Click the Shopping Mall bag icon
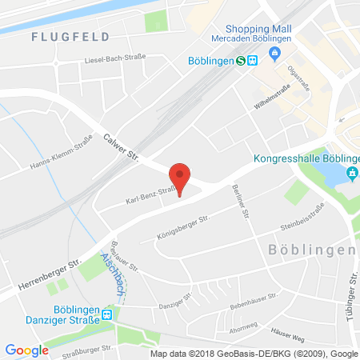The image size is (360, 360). point(274,53)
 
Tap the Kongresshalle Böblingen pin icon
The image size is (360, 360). point(350,174)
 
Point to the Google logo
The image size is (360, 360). point(26,350)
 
